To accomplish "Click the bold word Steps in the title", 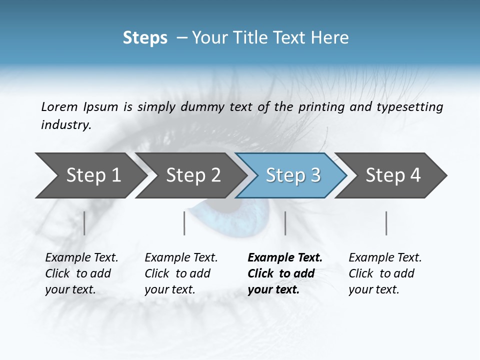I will pos(145,38).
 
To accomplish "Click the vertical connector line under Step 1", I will pos(84,223).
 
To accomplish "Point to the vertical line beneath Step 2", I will pos(184,223).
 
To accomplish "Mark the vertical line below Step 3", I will pos(285,223).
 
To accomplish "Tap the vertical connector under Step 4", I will pos(386,223).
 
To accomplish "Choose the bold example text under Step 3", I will pos(284,273).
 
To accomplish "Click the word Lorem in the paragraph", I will pos(59,106).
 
